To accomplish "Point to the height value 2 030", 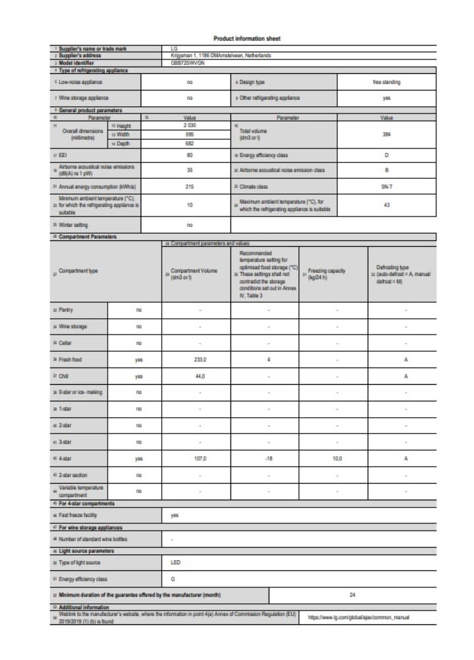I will point(189,125).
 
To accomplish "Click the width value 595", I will point(189,134).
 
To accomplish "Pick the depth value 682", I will point(189,143).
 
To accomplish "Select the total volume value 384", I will point(387,133).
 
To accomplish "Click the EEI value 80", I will point(189,156).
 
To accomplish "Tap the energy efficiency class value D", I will point(387,156).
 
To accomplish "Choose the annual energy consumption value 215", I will point(189,187).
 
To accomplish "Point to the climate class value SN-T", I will point(387,187).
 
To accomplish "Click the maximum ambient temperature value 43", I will point(387,205).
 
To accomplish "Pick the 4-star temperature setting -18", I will point(269,457).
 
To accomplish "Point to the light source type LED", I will point(176,562).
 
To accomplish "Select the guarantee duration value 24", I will point(353,595).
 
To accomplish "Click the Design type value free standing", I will point(387,82).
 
